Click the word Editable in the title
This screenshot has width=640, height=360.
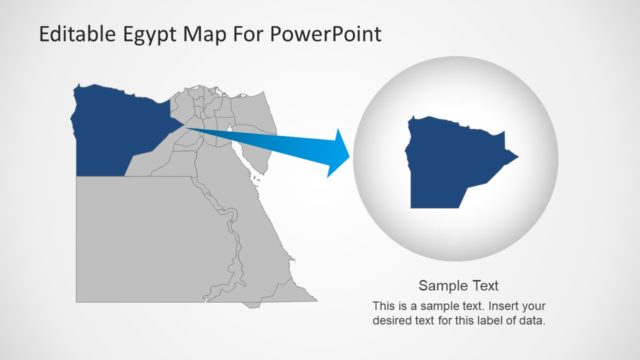(x=76, y=35)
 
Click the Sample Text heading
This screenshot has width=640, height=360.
(x=458, y=285)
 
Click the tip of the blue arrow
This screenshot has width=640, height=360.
(x=351, y=153)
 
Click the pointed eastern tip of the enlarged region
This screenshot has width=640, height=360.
(x=516, y=156)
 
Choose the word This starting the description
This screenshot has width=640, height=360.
(x=384, y=305)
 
